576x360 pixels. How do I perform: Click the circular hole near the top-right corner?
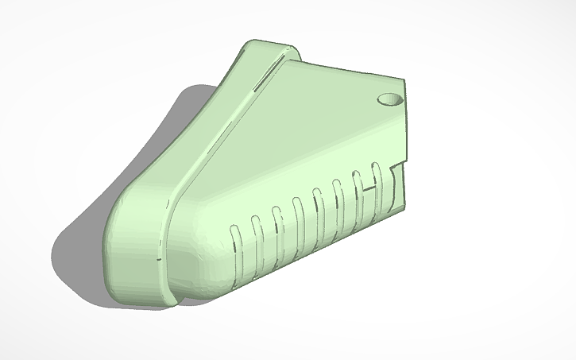click(x=389, y=99)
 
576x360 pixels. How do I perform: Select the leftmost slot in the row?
click(x=235, y=243)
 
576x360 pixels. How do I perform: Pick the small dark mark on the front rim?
click(x=159, y=258)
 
